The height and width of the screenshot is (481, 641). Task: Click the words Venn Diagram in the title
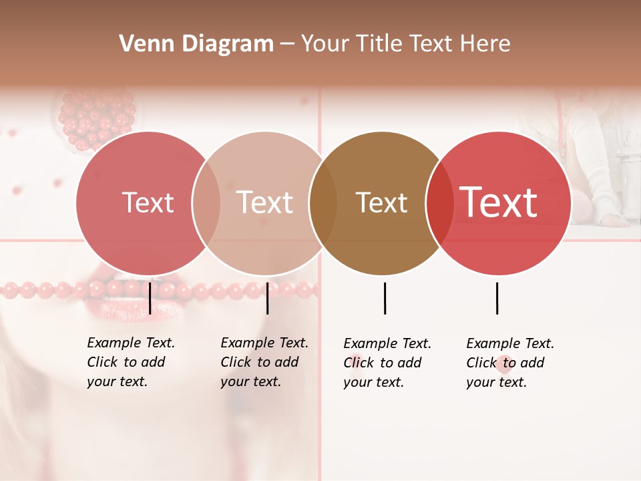coord(196,44)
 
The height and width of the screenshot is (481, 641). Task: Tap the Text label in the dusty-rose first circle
coord(148,202)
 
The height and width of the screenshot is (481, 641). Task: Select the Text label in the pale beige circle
coord(265,202)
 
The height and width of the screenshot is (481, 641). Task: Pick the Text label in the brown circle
coord(381,202)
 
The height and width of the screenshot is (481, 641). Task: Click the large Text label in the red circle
coord(499,202)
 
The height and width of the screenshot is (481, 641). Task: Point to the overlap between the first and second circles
coord(206,202)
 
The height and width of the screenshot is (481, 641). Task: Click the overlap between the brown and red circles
coord(439,202)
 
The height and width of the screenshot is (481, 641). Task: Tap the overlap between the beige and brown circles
coord(323,202)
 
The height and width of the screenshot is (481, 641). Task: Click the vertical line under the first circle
coord(150,298)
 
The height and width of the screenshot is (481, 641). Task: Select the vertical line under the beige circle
coord(267,298)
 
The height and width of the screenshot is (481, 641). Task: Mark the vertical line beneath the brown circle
coord(385,298)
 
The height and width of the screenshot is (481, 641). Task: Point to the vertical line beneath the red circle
coord(497,298)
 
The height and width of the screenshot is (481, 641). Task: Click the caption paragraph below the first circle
coord(131,362)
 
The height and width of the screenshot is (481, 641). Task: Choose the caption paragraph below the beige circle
coord(264,362)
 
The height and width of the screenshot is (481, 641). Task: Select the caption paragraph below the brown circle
coord(387,363)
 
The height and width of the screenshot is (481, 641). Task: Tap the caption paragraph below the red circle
coord(510,363)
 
